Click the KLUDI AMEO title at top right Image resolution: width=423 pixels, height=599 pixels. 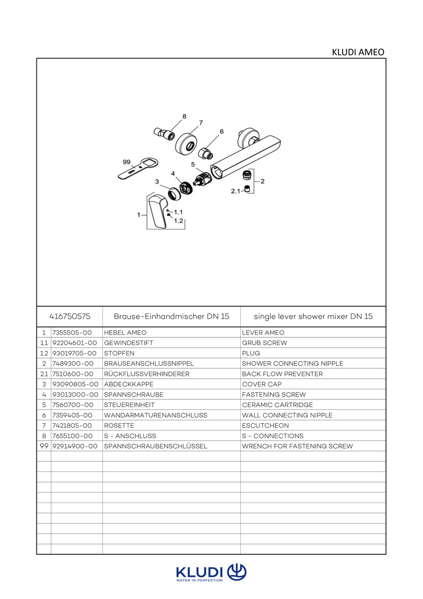pyautogui.click(x=358, y=52)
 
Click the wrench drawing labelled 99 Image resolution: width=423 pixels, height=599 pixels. pyautogui.click(x=137, y=169)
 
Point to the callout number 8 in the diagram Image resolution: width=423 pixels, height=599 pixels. pyautogui.click(x=184, y=116)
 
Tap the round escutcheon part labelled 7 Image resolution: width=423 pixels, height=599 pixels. pyautogui.click(x=187, y=143)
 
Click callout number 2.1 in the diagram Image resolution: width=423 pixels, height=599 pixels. pyautogui.click(x=236, y=191)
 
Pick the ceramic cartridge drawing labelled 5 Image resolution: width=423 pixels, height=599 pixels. pyautogui.click(x=202, y=181)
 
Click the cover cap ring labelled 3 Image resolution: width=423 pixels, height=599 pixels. pyautogui.click(x=175, y=194)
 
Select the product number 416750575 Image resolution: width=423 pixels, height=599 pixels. pyautogui.click(x=70, y=316)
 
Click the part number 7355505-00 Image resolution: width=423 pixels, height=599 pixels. pyautogui.click(x=72, y=333)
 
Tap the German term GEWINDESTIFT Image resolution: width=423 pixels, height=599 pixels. pyautogui.click(x=128, y=343)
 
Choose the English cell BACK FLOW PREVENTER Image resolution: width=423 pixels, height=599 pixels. pyautogui.click(x=282, y=374)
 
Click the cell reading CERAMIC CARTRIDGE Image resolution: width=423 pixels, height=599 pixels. pyautogui.click(x=277, y=405)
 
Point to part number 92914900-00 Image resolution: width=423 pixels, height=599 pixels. pyautogui.click(x=75, y=446)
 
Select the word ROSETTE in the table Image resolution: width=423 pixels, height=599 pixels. pyautogui.click(x=119, y=425)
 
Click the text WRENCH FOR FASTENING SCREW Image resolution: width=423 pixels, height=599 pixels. pyautogui.click(x=297, y=446)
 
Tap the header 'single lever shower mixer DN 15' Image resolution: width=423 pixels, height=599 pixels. pyautogui.click(x=313, y=316)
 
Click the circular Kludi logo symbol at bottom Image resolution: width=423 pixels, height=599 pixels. pyautogui.click(x=237, y=572)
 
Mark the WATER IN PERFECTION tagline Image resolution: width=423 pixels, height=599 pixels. pyautogui.click(x=199, y=580)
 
